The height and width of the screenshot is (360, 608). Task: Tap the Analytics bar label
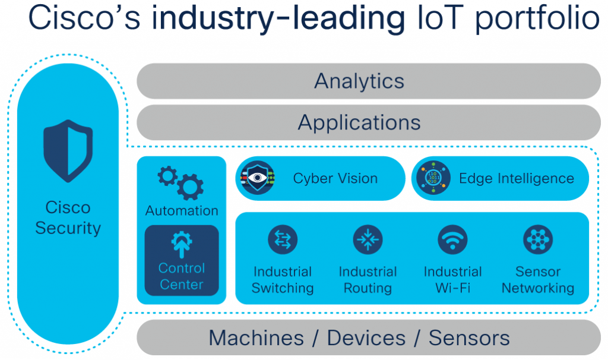[359, 81]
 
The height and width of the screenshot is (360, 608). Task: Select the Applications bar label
[359, 122]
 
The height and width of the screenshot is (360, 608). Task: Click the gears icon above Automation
[180, 182]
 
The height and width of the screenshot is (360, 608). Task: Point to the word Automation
[182, 210]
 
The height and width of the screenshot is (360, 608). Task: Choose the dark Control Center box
[182, 261]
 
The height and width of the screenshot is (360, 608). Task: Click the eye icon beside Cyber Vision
[256, 178]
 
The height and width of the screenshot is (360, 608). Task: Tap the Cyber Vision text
[335, 178]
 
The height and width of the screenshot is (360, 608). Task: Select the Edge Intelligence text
[517, 178]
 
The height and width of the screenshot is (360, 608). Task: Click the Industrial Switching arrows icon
[283, 239]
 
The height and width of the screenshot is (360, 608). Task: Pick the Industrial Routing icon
[368, 239]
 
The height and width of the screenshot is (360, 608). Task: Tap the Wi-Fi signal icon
[453, 239]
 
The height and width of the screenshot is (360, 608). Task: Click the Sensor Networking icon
[538, 239]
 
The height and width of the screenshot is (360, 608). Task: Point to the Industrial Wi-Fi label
[453, 280]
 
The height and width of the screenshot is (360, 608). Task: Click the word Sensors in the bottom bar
[469, 338]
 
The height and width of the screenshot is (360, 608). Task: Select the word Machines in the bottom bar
[256, 338]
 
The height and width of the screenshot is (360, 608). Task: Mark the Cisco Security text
[68, 217]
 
